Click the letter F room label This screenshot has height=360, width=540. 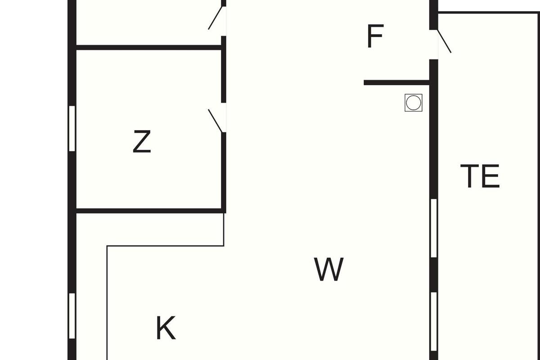pos(375,36)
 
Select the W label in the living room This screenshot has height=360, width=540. pos(329,269)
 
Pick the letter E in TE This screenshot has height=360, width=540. pos(491,176)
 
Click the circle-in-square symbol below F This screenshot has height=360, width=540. pos(413,103)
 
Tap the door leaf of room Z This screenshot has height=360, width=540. pos(215,121)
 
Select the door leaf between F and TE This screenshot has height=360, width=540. pos(444,41)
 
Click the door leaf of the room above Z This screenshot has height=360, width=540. pos(215,18)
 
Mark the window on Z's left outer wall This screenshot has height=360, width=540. pos(72,128)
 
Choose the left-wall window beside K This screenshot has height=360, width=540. pos(72,315)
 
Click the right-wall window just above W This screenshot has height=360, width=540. pos(434,228)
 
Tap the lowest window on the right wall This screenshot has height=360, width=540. pos(434,321)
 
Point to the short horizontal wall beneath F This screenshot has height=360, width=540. pos(396,82)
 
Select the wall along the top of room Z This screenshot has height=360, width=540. pos(148,47)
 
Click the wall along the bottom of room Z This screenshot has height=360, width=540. pos(148,211)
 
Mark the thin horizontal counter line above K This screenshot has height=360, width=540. pos(165,246)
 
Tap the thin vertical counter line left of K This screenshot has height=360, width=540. pos(107,301)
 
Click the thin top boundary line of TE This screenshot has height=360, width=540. pos(488,13)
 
